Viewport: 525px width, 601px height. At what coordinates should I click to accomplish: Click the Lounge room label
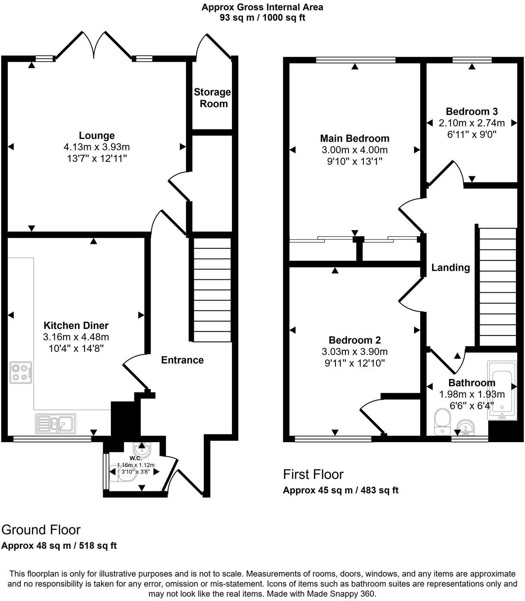(x=96, y=136)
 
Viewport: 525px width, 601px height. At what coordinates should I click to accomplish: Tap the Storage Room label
(x=212, y=98)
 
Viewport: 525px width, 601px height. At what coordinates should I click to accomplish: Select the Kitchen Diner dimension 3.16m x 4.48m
(x=76, y=337)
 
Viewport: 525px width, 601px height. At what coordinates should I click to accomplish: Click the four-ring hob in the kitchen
(x=21, y=373)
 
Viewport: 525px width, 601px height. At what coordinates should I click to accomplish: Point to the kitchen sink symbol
(x=56, y=424)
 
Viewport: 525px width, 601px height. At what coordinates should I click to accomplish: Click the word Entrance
(x=182, y=360)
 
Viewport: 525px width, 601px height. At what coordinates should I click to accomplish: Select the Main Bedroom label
(x=354, y=139)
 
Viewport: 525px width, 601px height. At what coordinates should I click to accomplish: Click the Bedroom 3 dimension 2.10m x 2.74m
(x=471, y=123)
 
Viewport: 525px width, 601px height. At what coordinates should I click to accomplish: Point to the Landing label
(x=450, y=268)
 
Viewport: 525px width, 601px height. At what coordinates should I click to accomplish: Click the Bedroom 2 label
(x=354, y=340)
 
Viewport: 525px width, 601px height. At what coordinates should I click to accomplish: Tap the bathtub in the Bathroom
(x=502, y=390)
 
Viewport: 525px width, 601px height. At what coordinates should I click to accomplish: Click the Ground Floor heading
(x=41, y=530)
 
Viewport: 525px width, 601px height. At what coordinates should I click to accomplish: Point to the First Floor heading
(x=313, y=474)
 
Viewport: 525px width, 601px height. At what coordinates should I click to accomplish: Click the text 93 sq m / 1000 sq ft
(x=262, y=18)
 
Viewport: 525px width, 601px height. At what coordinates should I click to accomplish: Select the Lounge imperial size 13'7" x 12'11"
(x=96, y=158)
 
